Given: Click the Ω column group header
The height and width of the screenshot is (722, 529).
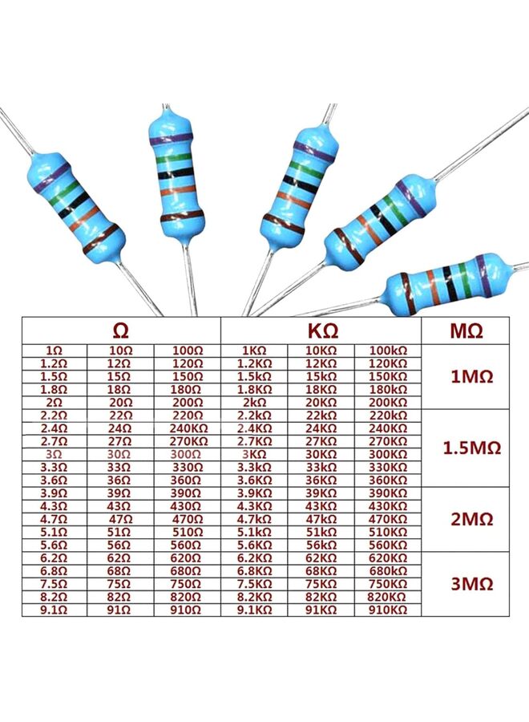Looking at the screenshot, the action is pyautogui.click(x=121, y=330).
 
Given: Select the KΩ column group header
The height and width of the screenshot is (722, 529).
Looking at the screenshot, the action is pyautogui.click(x=321, y=330).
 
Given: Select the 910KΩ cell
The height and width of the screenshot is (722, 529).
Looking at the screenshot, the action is pyautogui.click(x=389, y=610).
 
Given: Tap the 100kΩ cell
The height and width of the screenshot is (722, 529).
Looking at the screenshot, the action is pyautogui.click(x=389, y=351).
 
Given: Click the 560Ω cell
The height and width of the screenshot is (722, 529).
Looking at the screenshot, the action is pyautogui.click(x=187, y=545).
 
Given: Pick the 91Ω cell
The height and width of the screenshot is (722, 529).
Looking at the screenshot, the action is pyautogui.click(x=120, y=610).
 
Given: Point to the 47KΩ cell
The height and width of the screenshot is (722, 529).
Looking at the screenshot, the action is pyautogui.click(x=321, y=519).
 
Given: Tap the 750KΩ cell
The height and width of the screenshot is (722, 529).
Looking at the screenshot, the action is pyautogui.click(x=389, y=583).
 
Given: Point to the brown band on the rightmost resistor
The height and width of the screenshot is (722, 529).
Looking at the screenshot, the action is pyautogui.click(x=405, y=287).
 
